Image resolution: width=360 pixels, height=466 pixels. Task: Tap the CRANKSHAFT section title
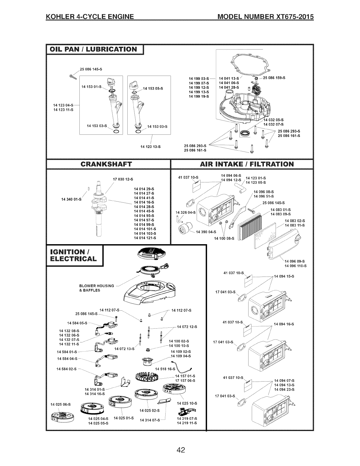tap(108, 164)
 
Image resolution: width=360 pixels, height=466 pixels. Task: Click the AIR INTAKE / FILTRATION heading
tap(242, 164)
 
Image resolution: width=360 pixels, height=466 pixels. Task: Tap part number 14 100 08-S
tap(224, 238)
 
